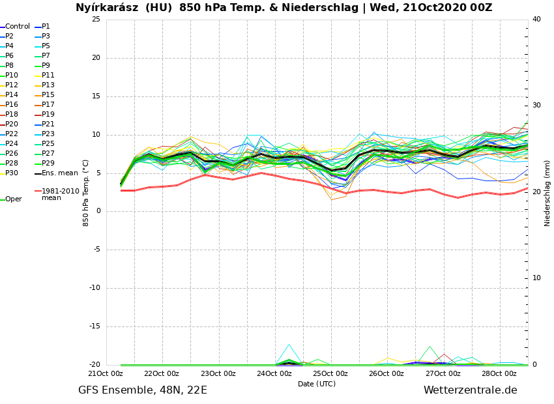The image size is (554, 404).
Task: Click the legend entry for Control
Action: [x=18, y=27]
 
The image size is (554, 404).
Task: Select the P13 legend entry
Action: [x=48, y=85]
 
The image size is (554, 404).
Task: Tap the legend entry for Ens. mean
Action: [x=59, y=173]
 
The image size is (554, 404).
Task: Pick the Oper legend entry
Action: [x=14, y=199]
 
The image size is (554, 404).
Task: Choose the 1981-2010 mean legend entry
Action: [x=60, y=194]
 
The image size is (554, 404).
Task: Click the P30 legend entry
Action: [x=12, y=173]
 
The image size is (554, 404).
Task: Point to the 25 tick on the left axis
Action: [x=96, y=19]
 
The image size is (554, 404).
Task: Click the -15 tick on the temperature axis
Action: [x=95, y=327]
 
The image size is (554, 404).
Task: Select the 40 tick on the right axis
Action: [x=536, y=19]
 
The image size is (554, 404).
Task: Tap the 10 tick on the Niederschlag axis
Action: [x=536, y=278]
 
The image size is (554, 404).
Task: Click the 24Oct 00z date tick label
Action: [x=274, y=374]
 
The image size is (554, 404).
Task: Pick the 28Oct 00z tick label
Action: [x=499, y=374]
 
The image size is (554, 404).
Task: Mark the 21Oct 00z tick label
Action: [x=106, y=374]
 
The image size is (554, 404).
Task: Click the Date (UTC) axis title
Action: [x=317, y=384]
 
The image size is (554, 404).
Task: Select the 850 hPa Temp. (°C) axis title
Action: [x=86, y=193]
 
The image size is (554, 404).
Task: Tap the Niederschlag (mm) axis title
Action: [x=547, y=193]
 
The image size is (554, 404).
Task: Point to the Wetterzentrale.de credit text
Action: [x=470, y=390]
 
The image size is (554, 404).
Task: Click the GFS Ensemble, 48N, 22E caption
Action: [x=143, y=390]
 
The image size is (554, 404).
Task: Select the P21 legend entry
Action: [x=48, y=124]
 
